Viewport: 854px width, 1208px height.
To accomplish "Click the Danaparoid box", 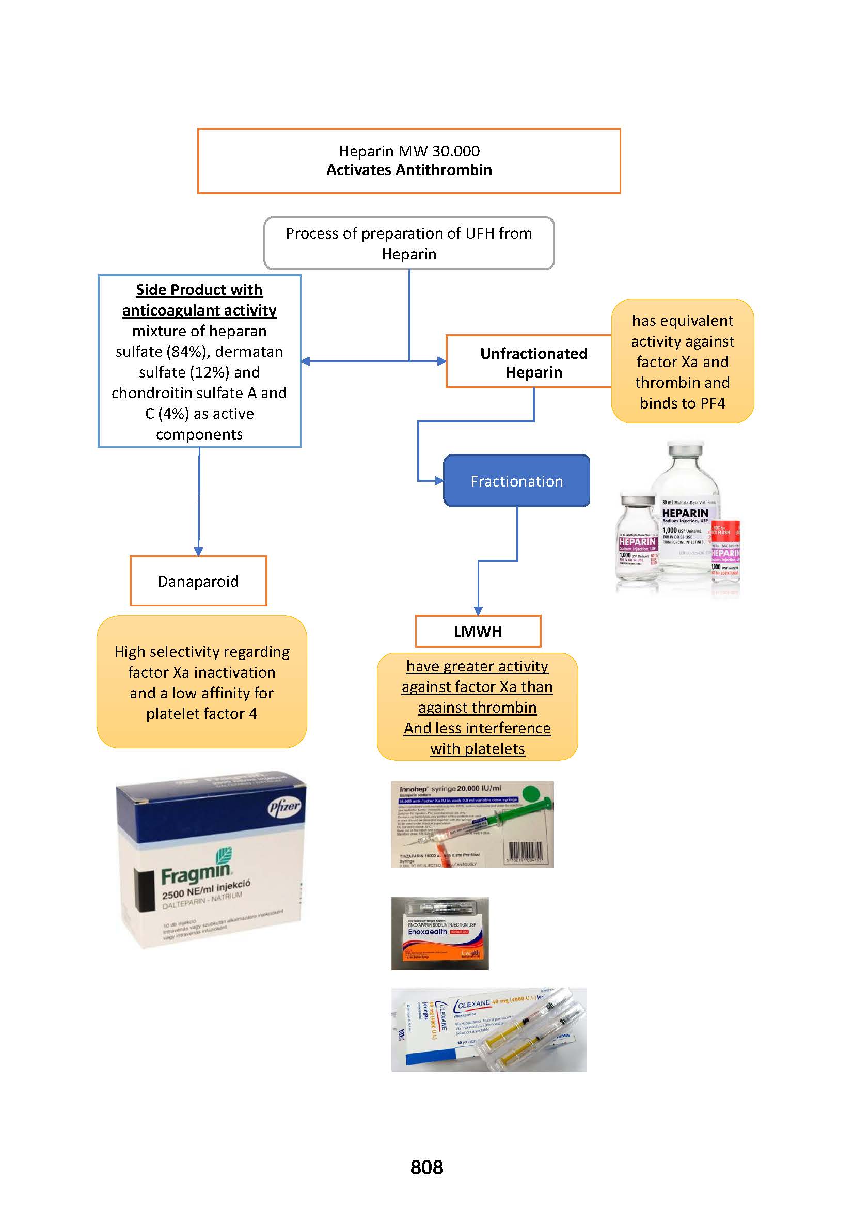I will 198,581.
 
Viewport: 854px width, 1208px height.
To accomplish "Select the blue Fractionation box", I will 516,481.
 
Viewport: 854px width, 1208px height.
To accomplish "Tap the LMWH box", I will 478,631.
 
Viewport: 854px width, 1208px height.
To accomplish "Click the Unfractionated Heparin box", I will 533,363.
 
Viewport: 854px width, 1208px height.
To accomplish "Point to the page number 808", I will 426,1167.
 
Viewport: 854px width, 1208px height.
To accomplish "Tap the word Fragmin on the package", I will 196,874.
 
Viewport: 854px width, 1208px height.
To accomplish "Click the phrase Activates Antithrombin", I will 409,170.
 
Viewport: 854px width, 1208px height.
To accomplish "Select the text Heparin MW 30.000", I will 409,151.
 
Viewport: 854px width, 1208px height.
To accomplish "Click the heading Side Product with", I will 199,290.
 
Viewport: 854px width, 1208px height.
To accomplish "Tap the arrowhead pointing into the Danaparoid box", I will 198,552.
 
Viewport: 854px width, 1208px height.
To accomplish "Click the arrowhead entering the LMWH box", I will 478,611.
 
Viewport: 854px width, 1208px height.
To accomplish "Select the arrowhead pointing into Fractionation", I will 438,480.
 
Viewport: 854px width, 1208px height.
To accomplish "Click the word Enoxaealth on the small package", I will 427,932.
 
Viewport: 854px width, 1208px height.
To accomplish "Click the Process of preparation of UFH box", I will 409,243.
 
